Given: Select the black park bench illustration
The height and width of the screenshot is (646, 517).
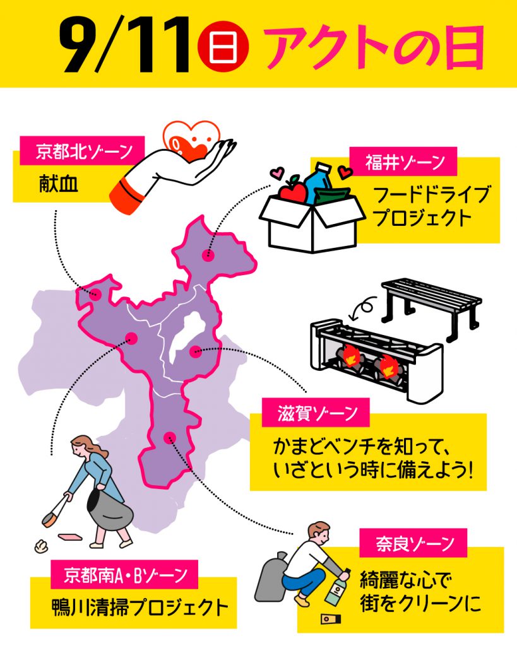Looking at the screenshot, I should tap(431, 303).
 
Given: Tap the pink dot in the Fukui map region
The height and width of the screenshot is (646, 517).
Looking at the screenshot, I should tap(207, 255).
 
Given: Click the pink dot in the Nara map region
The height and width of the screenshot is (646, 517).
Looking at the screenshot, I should tap(169, 437).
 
